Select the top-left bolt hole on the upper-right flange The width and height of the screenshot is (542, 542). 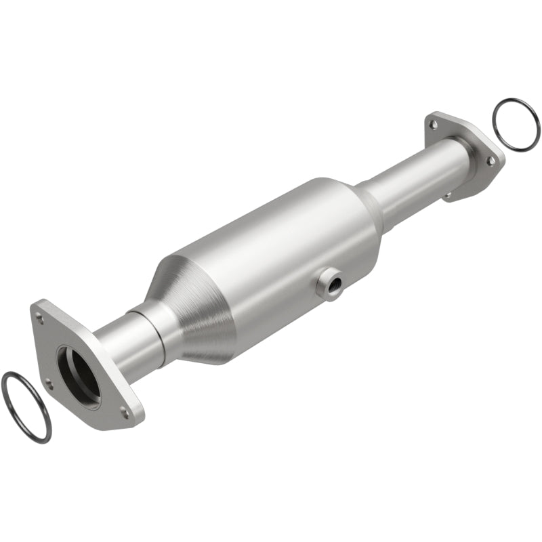[x=432, y=124]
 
